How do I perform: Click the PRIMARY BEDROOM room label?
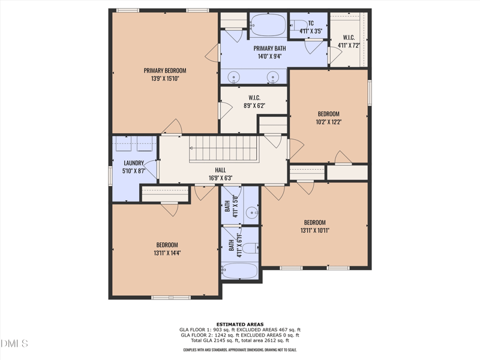(x=165, y=70)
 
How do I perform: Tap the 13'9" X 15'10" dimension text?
(x=165, y=78)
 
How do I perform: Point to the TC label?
(x=311, y=23)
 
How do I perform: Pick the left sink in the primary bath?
(x=235, y=77)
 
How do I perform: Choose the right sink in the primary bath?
(x=273, y=77)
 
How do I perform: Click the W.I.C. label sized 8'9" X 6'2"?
(x=254, y=97)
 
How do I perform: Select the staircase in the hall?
(x=224, y=148)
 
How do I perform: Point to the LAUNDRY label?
(x=134, y=163)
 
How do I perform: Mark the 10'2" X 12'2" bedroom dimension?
(x=328, y=122)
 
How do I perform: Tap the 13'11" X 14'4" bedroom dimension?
(x=167, y=253)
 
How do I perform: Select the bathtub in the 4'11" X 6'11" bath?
(x=239, y=271)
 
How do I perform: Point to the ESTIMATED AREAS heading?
(x=240, y=325)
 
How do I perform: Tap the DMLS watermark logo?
(x=14, y=343)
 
